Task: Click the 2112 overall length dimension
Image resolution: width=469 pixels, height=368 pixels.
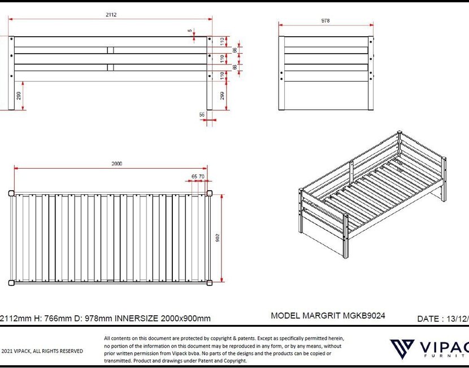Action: tap(111, 15)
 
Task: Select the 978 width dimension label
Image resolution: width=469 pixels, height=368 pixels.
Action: tap(325, 20)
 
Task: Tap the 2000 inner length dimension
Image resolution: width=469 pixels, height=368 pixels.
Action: tap(116, 164)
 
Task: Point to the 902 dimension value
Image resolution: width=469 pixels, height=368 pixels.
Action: tap(218, 238)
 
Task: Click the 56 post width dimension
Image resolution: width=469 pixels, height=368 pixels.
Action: tap(202, 114)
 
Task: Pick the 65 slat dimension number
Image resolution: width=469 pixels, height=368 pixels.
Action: tap(194, 177)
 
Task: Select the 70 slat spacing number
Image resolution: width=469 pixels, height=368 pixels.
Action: tap(202, 177)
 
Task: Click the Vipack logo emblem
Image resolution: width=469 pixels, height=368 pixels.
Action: tap(402, 348)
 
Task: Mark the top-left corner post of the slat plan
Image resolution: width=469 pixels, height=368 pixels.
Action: tap(12, 193)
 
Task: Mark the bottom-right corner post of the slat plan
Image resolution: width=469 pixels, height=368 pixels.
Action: tap(210, 282)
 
